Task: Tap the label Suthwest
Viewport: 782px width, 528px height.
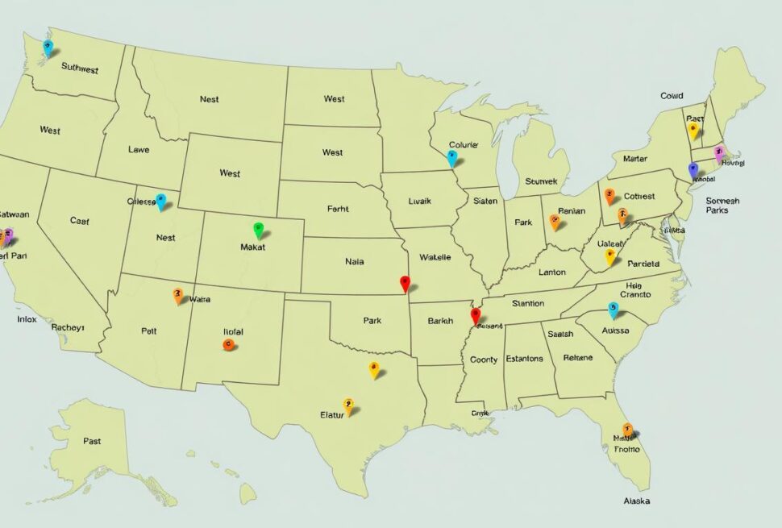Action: point(79,69)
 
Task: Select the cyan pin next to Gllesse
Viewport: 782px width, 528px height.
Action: point(161,201)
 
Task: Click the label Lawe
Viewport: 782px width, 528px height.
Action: point(139,149)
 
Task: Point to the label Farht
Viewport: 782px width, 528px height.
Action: point(338,208)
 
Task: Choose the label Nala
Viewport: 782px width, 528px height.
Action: point(354,261)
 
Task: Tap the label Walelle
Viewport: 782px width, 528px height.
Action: point(435,257)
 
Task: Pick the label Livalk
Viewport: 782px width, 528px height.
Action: point(420,202)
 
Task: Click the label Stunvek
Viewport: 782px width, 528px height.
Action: point(541,182)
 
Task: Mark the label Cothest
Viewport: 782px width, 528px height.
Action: point(639,196)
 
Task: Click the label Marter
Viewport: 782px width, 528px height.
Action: point(635,159)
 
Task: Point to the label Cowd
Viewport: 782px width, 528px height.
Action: point(672,96)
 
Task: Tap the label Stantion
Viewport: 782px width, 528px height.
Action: point(528,304)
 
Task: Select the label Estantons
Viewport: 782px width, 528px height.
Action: point(524,359)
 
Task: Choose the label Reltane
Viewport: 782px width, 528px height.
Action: point(577,357)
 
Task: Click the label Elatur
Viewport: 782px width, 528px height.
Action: point(331,414)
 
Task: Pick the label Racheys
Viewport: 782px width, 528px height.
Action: point(69,327)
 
